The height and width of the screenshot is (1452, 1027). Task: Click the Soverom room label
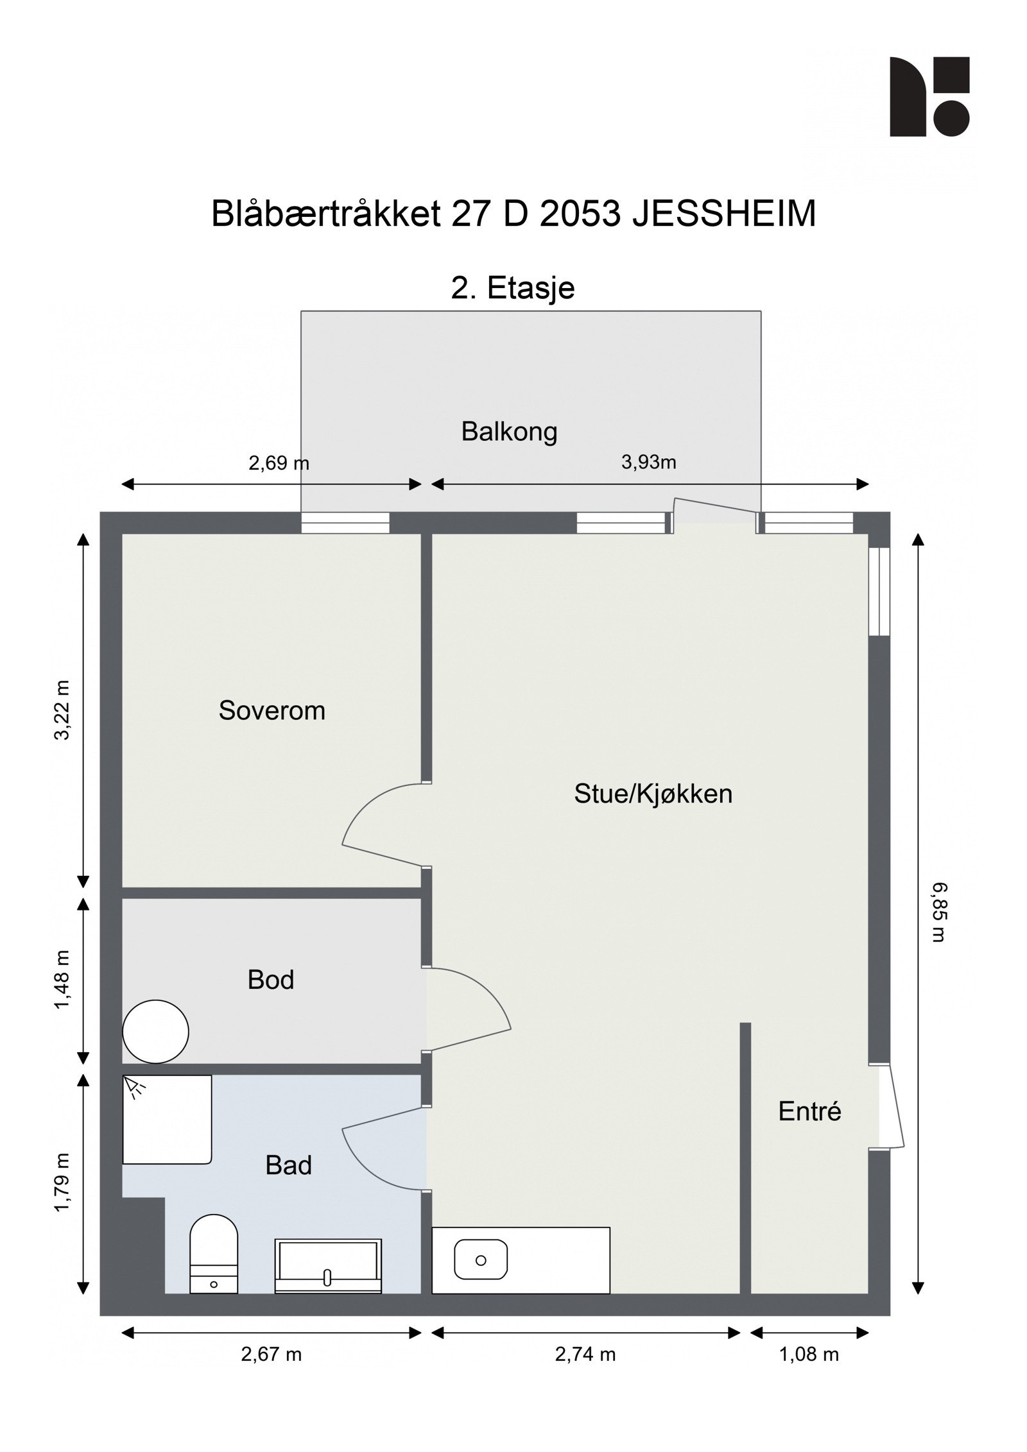pyautogui.click(x=272, y=711)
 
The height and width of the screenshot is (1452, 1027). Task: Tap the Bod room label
pyautogui.click(x=270, y=980)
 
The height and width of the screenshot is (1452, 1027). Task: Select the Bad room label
pyautogui.click(x=288, y=1165)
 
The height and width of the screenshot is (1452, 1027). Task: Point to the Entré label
pyautogui.click(x=809, y=1112)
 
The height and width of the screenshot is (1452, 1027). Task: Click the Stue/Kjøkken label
pyautogui.click(x=653, y=794)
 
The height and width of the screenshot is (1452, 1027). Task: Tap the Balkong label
pyautogui.click(x=509, y=432)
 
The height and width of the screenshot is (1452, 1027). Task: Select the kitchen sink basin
pyautogui.click(x=480, y=1260)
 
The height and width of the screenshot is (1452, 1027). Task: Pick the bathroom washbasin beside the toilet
pyautogui.click(x=327, y=1266)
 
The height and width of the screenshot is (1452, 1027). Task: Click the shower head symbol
pyautogui.click(x=134, y=1086)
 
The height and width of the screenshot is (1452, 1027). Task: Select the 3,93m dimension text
pyautogui.click(x=648, y=462)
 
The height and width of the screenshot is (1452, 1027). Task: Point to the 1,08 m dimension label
pyautogui.click(x=809, y=1354)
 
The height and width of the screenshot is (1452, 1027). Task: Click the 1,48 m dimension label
pyautogui.click(x=62, y=980)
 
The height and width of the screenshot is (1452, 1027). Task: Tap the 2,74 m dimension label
pyautogui.click(x=585, y=1354)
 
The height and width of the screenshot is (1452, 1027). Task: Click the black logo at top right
pyautogui.click(x=929, y=97)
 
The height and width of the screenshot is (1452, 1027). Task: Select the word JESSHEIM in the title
pyautogui.click(x=724, y=214)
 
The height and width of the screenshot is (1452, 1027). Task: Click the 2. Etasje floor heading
pyautogui.click(x=513, y=288)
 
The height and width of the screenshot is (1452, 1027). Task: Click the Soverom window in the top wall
pyautogui.click(x=345, y=523)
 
